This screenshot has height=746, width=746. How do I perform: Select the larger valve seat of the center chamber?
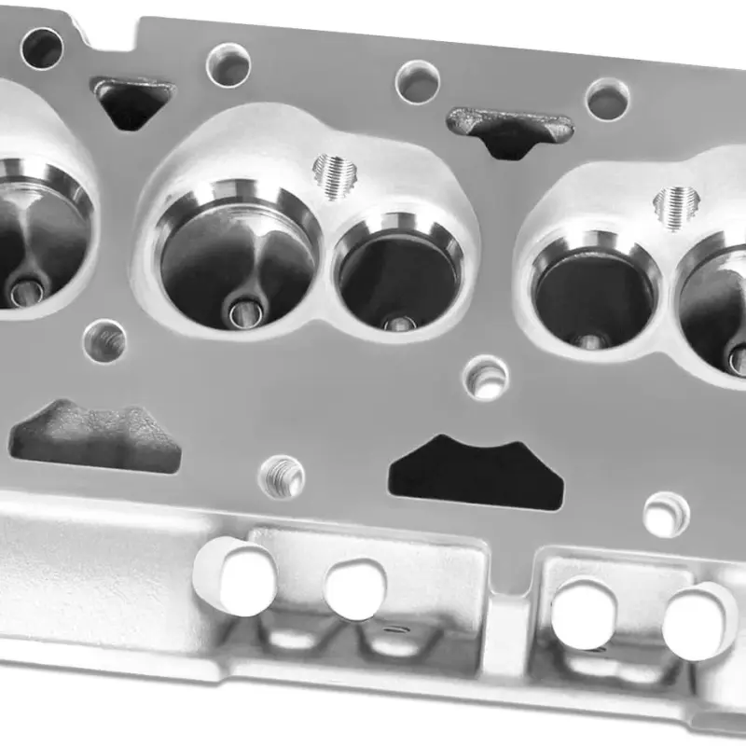[x=238, y=256]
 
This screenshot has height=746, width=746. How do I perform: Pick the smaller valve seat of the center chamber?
[x=399, y=270]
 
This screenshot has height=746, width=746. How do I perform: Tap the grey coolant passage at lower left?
[x=93, y=438]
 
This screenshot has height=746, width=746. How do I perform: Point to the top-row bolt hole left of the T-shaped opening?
[x=417, y=82]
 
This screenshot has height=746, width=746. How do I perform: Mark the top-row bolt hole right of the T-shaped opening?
[x=607, y=99]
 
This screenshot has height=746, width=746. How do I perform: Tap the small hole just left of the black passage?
[x=282, y=477]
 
